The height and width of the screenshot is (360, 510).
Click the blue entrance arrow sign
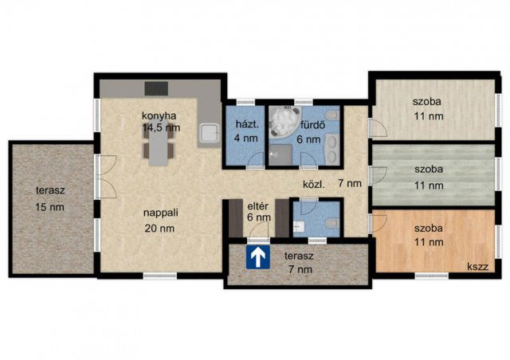click(258, 257)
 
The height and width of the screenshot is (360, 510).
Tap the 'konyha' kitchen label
click(159, 115)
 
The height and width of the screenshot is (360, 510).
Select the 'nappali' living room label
click(161, 213)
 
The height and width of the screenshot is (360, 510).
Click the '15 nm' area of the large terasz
click(49, 207)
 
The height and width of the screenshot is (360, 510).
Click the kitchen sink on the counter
click(209, 133)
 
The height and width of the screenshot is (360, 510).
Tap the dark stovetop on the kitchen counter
click(156, 88)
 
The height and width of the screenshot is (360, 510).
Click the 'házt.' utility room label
click(247, 124)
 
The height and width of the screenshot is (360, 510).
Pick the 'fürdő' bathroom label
click(312, 125)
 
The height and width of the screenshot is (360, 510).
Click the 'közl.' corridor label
click(314, 185)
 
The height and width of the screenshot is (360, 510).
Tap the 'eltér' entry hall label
click(258, 206)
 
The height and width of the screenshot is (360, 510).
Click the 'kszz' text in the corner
click(478, 267)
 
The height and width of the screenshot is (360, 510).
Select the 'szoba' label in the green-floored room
click(429, 170)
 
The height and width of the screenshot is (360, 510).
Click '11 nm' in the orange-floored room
click(429, 242)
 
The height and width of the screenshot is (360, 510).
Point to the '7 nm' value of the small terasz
click(300, 269)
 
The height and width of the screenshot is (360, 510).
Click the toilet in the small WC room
click(332, 222)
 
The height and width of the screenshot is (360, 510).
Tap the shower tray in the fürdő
click(280, 155)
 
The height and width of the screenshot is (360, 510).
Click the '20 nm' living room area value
click(159, 229)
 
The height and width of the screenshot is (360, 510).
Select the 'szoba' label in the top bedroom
click(427, 101)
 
